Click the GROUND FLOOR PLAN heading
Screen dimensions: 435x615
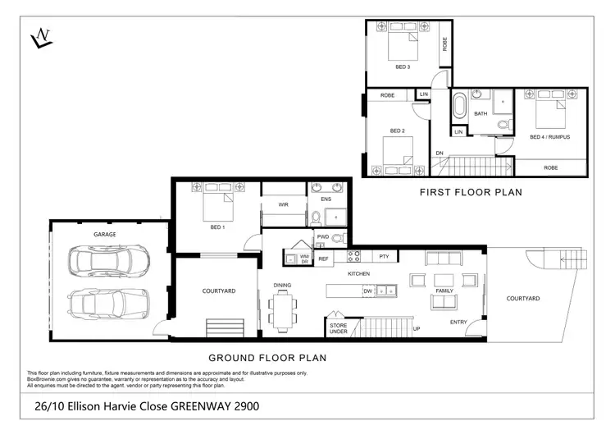267,357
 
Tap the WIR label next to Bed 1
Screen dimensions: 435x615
283,205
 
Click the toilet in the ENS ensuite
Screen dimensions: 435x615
317,217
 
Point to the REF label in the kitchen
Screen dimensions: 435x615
323,259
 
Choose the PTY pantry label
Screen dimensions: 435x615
384,257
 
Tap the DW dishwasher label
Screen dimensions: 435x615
368,291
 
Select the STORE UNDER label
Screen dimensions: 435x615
339,329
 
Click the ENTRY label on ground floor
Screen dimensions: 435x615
458,323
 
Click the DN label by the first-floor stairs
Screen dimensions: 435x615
440,153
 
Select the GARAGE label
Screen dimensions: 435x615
104,234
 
